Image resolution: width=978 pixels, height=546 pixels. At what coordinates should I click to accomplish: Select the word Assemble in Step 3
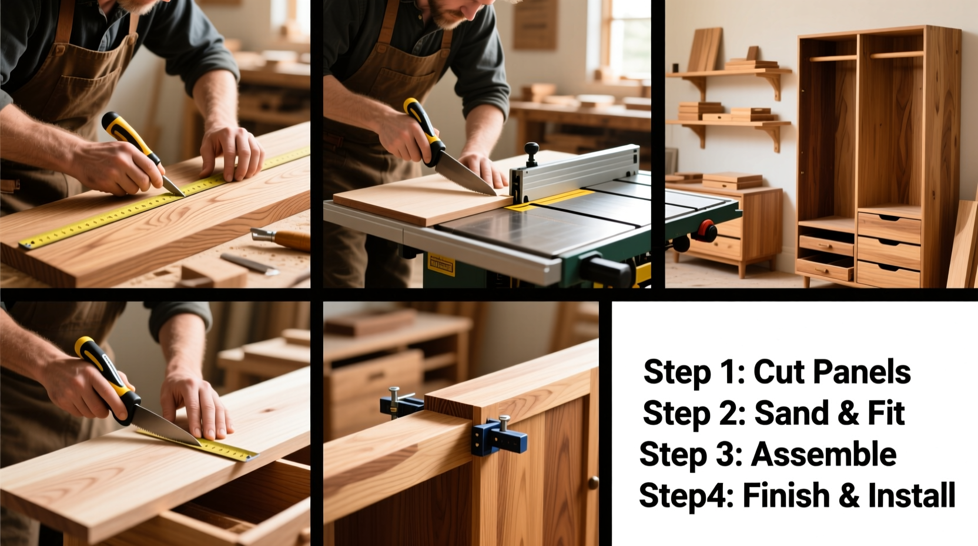823,454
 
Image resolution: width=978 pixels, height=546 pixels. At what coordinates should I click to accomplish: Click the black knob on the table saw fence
531,151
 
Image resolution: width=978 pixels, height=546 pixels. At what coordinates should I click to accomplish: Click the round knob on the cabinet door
593,483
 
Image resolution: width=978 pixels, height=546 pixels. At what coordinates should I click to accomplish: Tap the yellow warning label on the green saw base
441,265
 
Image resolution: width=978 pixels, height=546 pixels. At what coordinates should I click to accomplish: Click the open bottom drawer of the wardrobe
825,268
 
